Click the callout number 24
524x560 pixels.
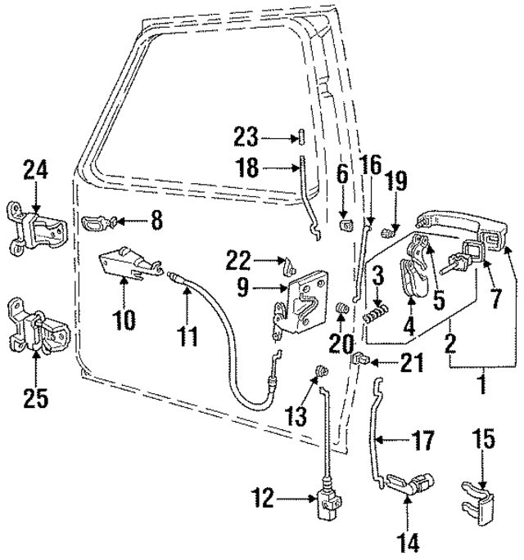[x=35, y=171]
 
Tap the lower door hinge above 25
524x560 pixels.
[x=38, y=329]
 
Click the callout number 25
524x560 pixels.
[x=35, y=398]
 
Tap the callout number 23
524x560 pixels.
[x=246, y=137]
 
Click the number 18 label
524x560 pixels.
[x=246, y=169]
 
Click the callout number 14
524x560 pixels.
[x=408, y=539]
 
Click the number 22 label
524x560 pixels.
[x=238, y=259]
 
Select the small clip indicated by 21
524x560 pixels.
[x=360, y=357]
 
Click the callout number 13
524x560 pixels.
[x=300, y=416]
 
